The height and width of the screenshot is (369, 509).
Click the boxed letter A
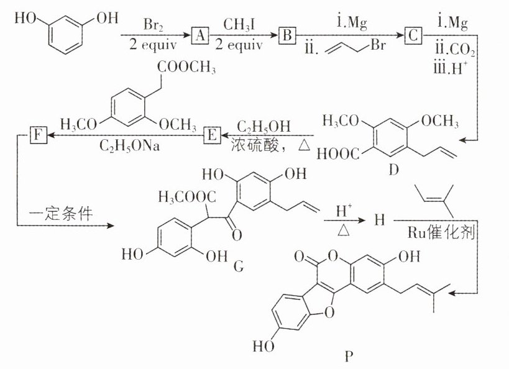(x=199, y=36)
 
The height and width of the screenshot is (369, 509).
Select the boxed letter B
(x=287, y=36)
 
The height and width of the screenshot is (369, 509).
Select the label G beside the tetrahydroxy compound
(x=237, y=266)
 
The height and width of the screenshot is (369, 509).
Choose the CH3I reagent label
(x=241, y=25)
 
